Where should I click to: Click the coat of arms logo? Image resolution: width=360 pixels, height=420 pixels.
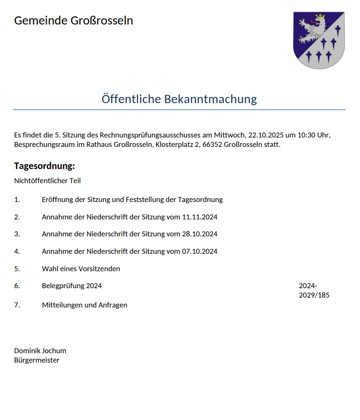(x=319, y=40)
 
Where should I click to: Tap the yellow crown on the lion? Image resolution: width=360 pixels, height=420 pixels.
(x=321, y=17)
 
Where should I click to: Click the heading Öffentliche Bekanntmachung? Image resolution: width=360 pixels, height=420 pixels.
(x=179, y=99)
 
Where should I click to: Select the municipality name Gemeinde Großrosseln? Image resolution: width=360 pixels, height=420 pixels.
(x=74, y=21)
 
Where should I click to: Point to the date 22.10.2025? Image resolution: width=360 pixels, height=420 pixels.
(x=265, y=135)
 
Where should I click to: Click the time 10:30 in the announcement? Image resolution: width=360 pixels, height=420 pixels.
(x=300, y=135)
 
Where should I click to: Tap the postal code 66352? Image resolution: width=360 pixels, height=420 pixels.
(x=212, y=145)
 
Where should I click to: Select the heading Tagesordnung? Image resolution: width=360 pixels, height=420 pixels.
(x=45, y=166)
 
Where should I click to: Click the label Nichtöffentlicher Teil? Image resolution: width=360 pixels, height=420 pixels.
(x=48, y=180)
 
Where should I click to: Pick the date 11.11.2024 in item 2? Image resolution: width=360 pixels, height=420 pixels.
(x=199, y=217)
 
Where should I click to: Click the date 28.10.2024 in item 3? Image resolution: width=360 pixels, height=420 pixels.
(x=199, y=234)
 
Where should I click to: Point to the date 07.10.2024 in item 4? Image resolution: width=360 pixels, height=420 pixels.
(x=199, y=251)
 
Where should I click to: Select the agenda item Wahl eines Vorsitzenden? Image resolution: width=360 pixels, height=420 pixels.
(x=81, y=269)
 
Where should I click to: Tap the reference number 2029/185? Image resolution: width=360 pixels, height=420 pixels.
(x=314, y=295)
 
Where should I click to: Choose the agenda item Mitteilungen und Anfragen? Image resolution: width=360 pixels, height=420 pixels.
(x=84, y=305)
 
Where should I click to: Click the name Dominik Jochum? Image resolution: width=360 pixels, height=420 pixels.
(x=40, y=351)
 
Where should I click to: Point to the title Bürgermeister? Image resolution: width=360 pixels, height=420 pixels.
(x=37, y=360)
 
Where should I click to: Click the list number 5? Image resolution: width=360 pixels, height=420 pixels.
(x=17, y=269)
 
